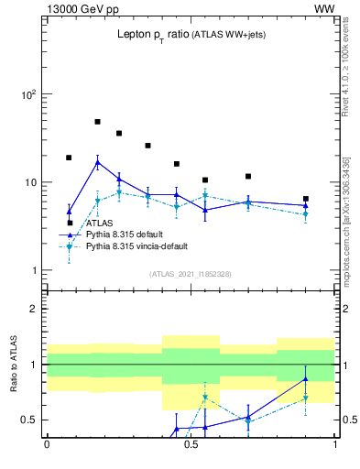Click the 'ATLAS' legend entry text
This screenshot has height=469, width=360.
coord(100,223)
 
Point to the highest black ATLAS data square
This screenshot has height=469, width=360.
coord(97,121)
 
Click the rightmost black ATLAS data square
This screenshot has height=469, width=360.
coord(306,199)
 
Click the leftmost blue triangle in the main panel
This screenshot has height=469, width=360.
coord(69,212)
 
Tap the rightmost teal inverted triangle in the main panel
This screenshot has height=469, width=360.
coord(306,214)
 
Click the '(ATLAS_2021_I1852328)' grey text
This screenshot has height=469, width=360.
coord(190,274)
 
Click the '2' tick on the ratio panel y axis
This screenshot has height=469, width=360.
coord(34,309)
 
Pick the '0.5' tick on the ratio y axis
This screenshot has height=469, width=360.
coord(29,420)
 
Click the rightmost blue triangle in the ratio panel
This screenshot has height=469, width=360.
coord(306,378)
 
